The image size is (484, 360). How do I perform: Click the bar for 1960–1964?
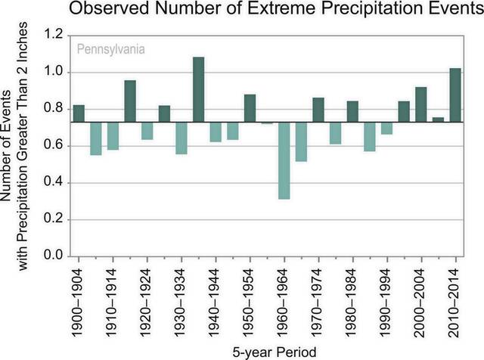click(x=284, y=160)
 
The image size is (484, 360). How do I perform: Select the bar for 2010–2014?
click(x=455, y=95)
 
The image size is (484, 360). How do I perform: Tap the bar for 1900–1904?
click(x=79, y=113)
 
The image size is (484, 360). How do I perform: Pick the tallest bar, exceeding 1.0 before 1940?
click(x=199, y=89)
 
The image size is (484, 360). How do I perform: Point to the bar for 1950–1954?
click(x=250, y=107)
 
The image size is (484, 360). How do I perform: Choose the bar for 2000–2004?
click(x=420, y=104)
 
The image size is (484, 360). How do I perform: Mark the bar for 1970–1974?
click(x=318, y=109)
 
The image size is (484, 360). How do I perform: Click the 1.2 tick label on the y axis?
click(x=53, y=36)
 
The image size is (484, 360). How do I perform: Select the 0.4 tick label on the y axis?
click(x=53, y=183)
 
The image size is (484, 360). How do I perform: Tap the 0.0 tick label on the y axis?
click(x=53, y=257)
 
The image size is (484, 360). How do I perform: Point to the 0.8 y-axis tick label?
click(x=53, y=110)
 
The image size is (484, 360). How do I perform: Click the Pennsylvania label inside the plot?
click(x=110, y=51)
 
